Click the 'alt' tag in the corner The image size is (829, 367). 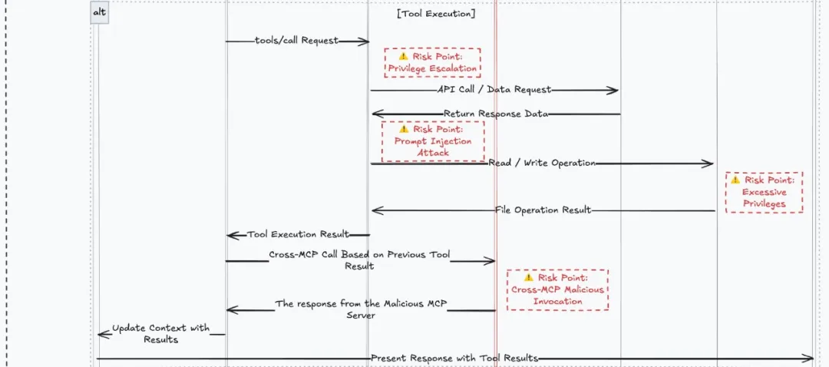click(x=99, y=13)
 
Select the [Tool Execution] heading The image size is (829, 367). click(x=436, y=13)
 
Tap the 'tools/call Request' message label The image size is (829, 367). click(x=296, y=41)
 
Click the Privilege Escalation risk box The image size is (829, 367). click(x=432, y=62)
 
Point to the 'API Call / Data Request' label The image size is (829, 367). click(x=494, y=90)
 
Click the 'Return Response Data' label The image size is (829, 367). click(x=495, y=114)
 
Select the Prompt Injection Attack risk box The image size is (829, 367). click(x=433, y=141)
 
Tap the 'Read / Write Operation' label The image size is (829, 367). click(x=542, y=163)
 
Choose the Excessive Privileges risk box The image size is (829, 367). click(x=764, y=192)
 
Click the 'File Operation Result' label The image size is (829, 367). click(x=543, y=210)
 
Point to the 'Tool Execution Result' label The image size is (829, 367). click(x=298, y=234)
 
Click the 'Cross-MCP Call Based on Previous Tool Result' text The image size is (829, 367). click(x=359, y=260)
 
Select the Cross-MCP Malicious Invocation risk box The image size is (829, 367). click(x=557, y=289)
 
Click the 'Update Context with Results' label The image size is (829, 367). click(x=160, y=333)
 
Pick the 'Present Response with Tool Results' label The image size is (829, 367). click(x=454, y=358)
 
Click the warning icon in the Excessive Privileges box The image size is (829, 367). click(x=735, y=180)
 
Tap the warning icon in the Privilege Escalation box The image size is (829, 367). click(x=403, y=56)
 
